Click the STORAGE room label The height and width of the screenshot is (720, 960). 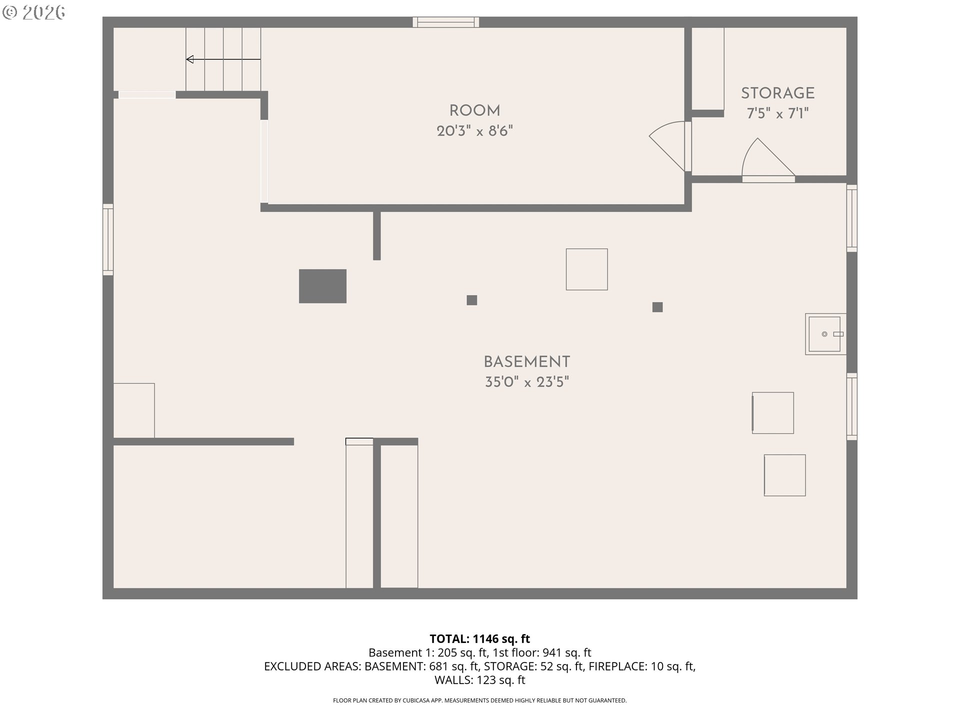[777, 93]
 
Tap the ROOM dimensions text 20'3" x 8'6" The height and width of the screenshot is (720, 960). [474, 131]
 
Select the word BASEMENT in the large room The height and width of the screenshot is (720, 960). [526, 362]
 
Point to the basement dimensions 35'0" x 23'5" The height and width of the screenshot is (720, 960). [526, 382]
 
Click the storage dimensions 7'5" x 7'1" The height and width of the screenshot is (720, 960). [777, 114]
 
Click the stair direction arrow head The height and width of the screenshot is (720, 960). [189, 59]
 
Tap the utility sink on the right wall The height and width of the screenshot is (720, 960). [825, 334]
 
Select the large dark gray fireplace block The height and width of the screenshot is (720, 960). [322, 286]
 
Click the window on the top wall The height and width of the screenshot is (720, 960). [445, 22]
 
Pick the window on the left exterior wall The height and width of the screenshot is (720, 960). [108, 239]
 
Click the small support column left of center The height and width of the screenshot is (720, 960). [471, 300]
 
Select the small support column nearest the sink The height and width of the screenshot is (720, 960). [657, 307]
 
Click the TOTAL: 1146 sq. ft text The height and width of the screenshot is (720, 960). [479, 638]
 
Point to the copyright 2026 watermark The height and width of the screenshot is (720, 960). [33, 12]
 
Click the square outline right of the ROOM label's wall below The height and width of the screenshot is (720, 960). [586, 269]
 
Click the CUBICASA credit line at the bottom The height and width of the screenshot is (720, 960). [479, 700]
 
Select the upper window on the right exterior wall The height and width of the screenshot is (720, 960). [852, 218]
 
